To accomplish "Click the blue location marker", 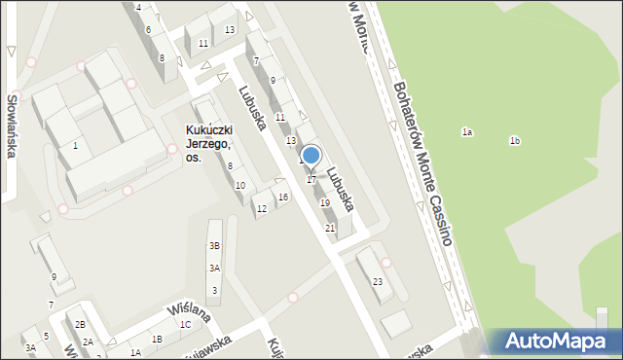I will pos(311,156).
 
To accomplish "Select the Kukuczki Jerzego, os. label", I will pos(208,144).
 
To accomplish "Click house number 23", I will pos(378,281).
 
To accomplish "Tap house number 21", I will pos(330,228).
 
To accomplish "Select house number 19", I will pos(324,202).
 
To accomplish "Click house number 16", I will pos(282,198).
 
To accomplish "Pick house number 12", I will pos(261,208).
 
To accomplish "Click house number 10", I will pos(239,185).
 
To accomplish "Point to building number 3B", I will pos(214,246).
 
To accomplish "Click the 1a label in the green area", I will pos(467,131).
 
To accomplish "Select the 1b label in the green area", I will pos(515,141).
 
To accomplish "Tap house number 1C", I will pos(185,325).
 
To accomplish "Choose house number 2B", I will pos(82,324).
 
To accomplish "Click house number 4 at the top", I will pos(138,7).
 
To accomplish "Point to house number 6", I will pos(148,29).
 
